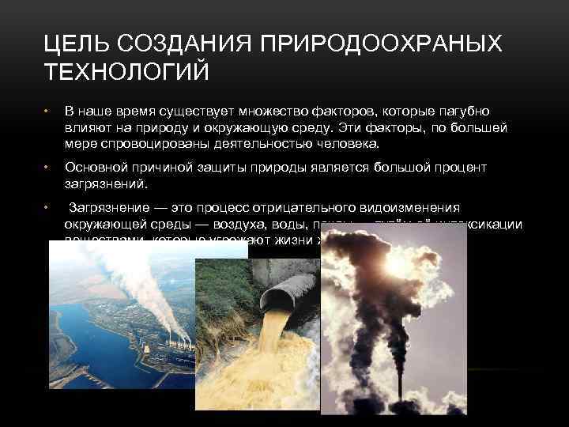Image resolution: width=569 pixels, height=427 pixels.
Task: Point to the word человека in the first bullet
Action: point(347,145)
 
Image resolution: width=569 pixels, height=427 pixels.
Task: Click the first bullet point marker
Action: point(47,111)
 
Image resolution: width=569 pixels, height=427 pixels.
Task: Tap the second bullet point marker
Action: point(47,167)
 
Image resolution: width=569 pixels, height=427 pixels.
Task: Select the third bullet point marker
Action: point(47,207)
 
